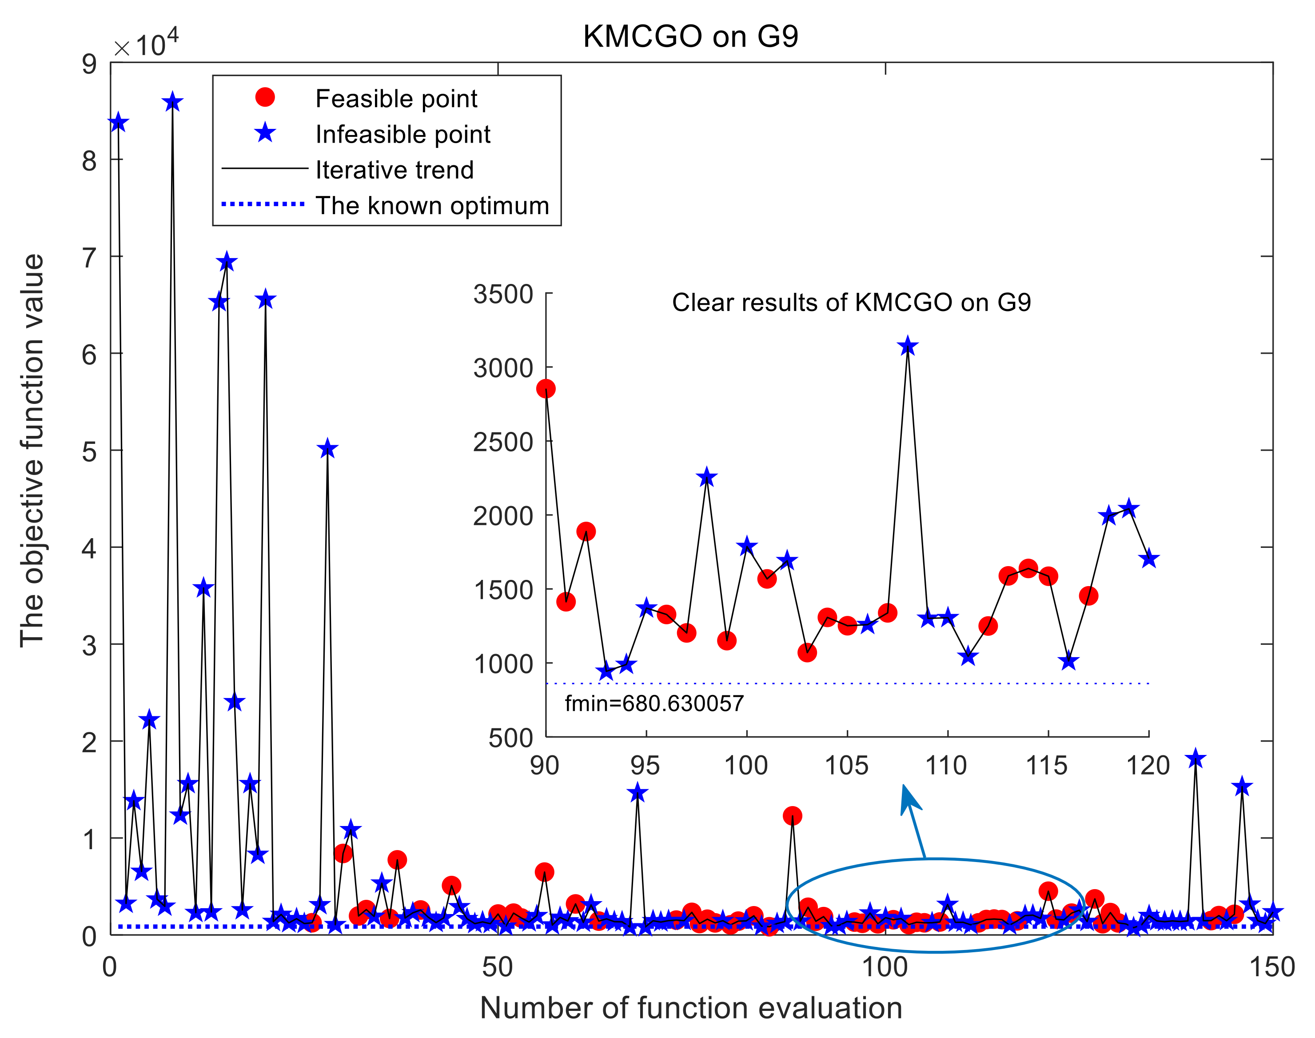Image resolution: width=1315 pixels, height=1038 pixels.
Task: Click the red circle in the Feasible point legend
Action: click(265, 97)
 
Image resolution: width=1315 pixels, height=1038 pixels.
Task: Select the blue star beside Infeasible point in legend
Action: click(265, 132)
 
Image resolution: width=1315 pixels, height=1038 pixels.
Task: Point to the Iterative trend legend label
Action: click(394, 170)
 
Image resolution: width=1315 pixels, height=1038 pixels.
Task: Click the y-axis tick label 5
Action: click(89, 451)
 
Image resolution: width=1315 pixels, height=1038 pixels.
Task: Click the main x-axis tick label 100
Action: click(885, 967)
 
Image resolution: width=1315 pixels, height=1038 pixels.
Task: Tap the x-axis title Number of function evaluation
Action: click(691, 1008)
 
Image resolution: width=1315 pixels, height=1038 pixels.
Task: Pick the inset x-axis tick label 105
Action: click(846, 765)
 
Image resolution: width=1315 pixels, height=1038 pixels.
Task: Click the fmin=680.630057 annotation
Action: click(654, 704)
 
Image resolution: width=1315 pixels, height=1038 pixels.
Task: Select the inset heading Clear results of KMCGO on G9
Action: click(851, 303)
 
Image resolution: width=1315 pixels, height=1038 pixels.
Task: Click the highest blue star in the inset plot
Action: click(907, 347)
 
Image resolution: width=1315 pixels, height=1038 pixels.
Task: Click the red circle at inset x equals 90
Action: click(546, 388)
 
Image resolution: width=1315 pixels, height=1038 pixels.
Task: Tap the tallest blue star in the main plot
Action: click(172, 102)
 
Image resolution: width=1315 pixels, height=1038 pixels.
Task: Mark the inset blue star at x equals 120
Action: click(1148, 559)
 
